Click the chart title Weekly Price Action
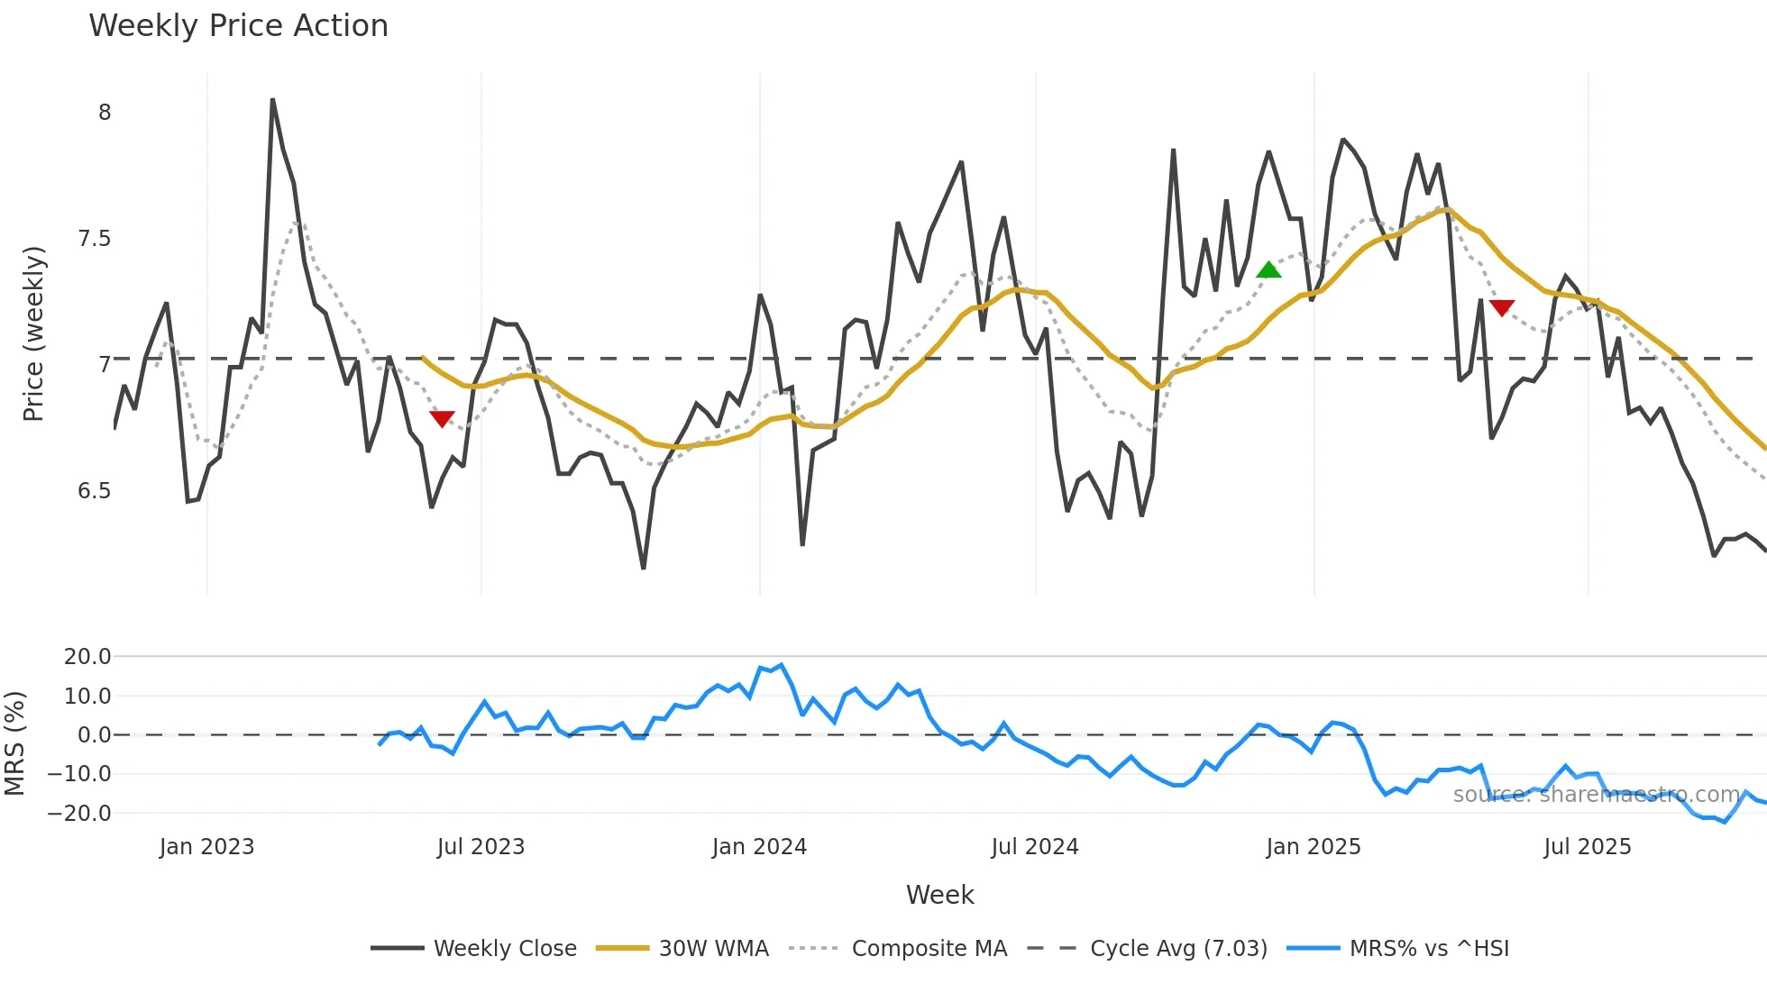click(x=238, y=26)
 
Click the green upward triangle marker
click(x=1268, y=269)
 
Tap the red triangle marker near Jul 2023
click(x=442, y=418)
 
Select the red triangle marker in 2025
click(x=1501, y=308)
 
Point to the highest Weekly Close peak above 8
click(x=272, y=100)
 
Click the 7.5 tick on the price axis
click(x=94, y=239)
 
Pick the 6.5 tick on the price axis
click(x=94, y=491)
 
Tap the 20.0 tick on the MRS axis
click(x=87, y=657)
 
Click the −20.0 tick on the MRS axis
click(x=79, y=813)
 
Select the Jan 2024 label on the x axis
click(x=759, y=847)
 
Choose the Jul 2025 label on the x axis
click(x=1587, y=847)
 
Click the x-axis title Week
click(x=939, y=895)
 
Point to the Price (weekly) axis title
click(x=33, y=333)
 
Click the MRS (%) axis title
click(x=15, y=743)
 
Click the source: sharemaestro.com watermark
click(x=1597, y=795)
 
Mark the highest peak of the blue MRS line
click(x=781, y=665)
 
